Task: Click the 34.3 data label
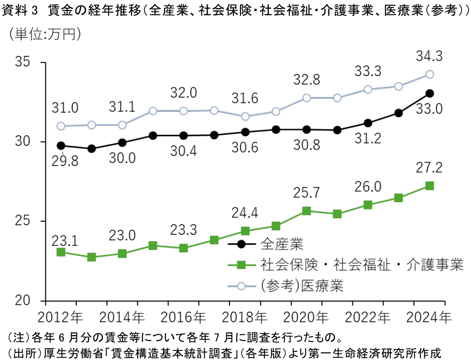tap(429, 56)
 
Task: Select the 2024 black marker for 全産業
tap(429, 93)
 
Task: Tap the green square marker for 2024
tap(429, 185)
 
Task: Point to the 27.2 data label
tap(429, 168)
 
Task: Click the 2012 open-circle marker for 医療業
tap(61, 126)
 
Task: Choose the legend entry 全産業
tap(282, 244)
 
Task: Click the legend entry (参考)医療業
tap(302, 286)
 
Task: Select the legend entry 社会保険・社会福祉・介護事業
tap(362, 265)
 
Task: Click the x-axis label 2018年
tap(245, 317)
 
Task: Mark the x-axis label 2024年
tap(429, 317)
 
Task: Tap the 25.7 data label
tap(306, 193)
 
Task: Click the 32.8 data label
tap(306, 79)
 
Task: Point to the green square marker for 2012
tap(61, 252)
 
